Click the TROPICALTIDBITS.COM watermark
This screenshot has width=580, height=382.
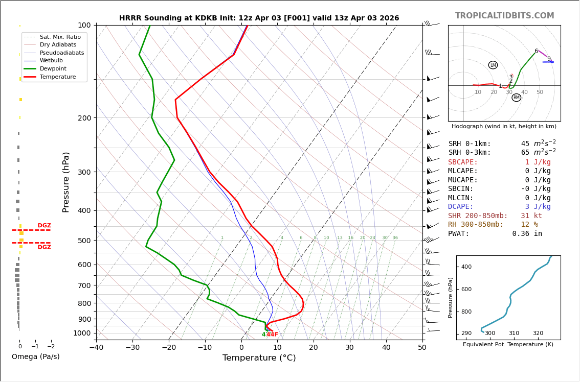(504, 16)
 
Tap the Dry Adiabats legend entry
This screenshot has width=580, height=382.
(58, 45)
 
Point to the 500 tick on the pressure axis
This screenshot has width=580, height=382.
(84, 241)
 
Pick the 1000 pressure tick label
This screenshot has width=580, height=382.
(82, 333)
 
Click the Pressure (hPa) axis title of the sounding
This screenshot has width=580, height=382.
(66, 182)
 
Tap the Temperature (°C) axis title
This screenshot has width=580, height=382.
(259, 359)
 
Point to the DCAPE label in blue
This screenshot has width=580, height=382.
(461, 207)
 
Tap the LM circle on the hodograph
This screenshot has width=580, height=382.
(493, 65)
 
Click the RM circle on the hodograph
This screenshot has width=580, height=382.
(516, 98)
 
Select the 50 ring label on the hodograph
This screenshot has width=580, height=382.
(540, 92)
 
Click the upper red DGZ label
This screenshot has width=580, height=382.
(44, 226)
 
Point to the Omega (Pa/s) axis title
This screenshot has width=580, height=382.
(36, 357)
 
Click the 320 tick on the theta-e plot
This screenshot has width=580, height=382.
(538, 333)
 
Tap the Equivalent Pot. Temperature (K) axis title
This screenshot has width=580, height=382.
(508, 345)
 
